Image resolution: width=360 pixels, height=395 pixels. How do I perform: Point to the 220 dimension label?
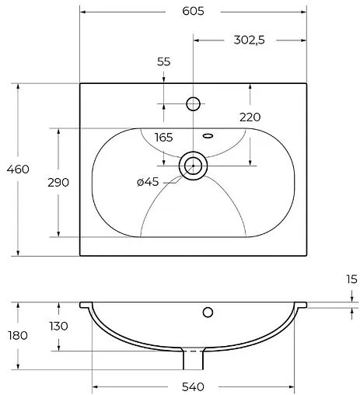[x=250, y=118]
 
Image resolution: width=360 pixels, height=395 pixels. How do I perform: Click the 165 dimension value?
[x=163, y=138]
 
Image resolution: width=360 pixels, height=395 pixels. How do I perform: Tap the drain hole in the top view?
[x=193, y=165]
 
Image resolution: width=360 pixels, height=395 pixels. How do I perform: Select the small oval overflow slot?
[x=208, y=135]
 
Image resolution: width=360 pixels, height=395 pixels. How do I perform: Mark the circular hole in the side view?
[x=208, y=313]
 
